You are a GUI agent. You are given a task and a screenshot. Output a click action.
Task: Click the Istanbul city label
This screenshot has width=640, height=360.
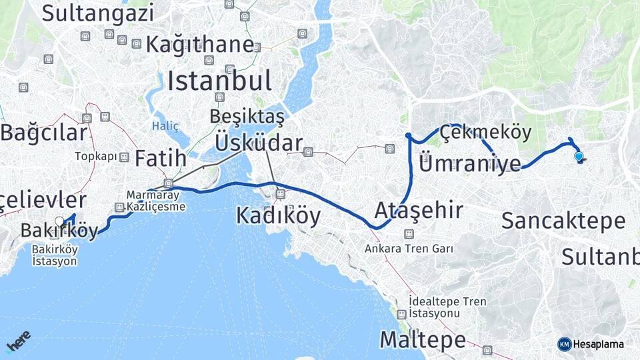pos(219,81)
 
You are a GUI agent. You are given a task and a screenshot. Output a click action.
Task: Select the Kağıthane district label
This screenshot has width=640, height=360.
pos(200,45)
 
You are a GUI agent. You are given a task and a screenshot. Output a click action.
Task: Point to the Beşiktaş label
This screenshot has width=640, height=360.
pos(247,116)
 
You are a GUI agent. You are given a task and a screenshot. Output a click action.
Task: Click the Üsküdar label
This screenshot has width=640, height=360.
pos(259,142)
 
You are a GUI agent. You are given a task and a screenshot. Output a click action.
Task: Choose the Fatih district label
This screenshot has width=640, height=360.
pos(160,158)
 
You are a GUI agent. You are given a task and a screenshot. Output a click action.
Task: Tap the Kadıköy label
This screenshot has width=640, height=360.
pos(278,216)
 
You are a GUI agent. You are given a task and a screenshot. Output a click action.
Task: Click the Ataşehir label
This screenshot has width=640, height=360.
pos(419,211)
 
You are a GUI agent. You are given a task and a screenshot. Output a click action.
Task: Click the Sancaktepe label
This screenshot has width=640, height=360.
pos(563,221)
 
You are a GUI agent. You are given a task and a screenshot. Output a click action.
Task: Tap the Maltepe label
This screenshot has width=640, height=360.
pos(423,340)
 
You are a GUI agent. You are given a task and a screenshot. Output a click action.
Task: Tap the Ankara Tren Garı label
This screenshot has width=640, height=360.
pos(409,249)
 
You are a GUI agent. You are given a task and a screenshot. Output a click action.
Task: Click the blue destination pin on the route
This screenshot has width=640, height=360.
pos(579,157)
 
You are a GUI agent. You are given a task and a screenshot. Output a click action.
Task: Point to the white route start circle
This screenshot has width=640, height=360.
pos(59,221)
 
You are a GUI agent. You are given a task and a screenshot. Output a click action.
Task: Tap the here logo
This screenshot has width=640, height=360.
pos(18,342)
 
